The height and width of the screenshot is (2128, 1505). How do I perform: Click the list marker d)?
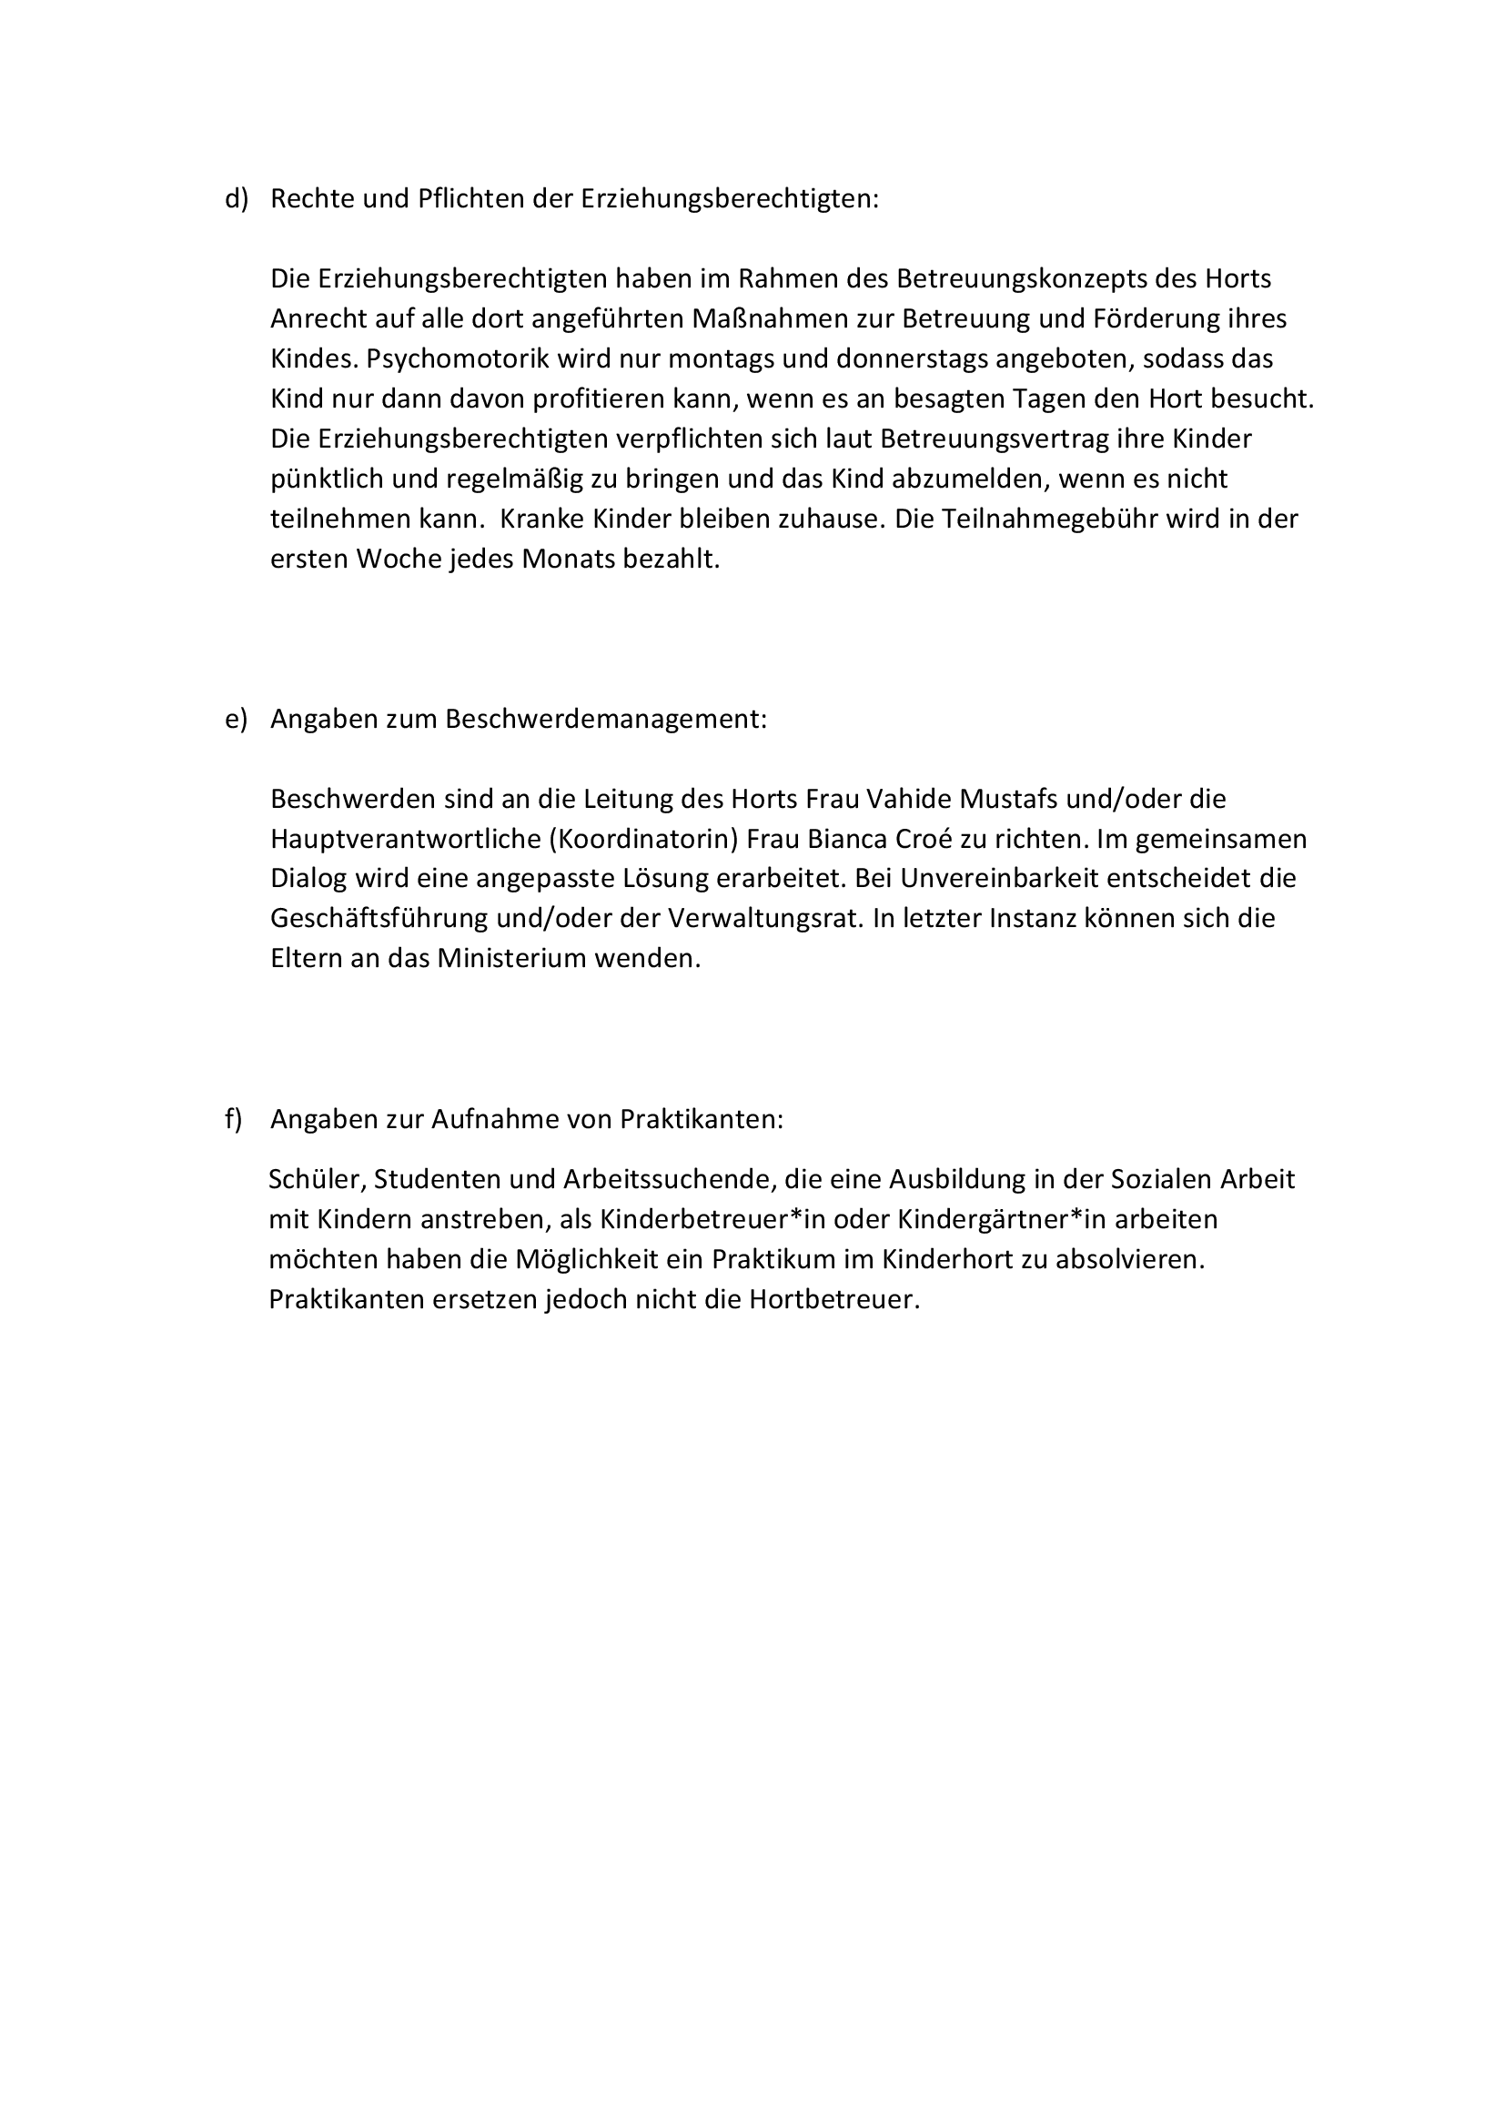point(237,199)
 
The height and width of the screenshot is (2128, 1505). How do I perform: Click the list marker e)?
point(237,720)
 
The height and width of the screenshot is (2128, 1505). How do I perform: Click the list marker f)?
point(234,1120)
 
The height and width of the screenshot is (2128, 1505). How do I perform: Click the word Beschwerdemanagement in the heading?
point(605,720)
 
